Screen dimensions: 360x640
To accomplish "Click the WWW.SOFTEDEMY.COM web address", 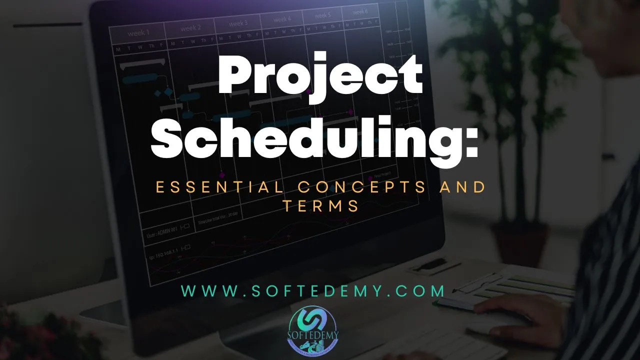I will click(x=313, y=291).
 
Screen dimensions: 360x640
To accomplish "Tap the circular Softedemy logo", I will click(x=313, y=327).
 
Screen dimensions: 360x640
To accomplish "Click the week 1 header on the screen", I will click(x=138, y=33).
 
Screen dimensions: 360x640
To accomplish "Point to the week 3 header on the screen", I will click(x=238, y=23).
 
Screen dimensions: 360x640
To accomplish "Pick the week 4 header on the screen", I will click(x=282, y=19).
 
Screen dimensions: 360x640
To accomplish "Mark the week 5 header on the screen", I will click(x=322, y=15).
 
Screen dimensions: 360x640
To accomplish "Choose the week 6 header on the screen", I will click(x=360, y=12).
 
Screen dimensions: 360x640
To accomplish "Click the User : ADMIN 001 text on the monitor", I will click(x=161, y=231).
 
